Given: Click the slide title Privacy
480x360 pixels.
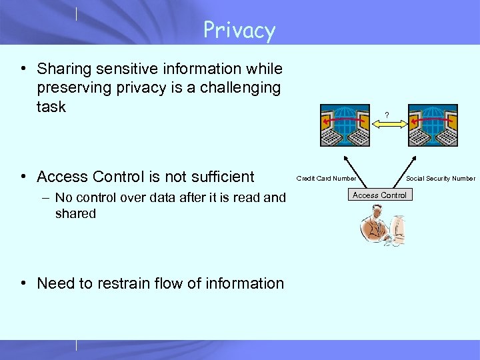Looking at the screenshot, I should [x=239, y=31].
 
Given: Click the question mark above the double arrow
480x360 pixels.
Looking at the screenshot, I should [x=387, y=115].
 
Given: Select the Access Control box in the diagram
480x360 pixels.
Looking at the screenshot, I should [x=379, y=195].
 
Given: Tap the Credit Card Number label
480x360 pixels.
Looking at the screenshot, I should [x=326, y=178].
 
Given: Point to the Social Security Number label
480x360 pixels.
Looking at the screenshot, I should [x=441, y=178].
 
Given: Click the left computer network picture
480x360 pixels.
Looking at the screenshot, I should [x=345, y=125].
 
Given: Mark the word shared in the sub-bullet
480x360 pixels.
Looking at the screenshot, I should [x=75, y=214].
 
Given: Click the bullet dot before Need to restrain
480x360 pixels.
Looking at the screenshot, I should [x=23, y=283].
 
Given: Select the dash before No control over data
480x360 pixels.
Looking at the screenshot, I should [x=43, y=198].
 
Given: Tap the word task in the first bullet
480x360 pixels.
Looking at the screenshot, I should [x=51, y=107].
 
